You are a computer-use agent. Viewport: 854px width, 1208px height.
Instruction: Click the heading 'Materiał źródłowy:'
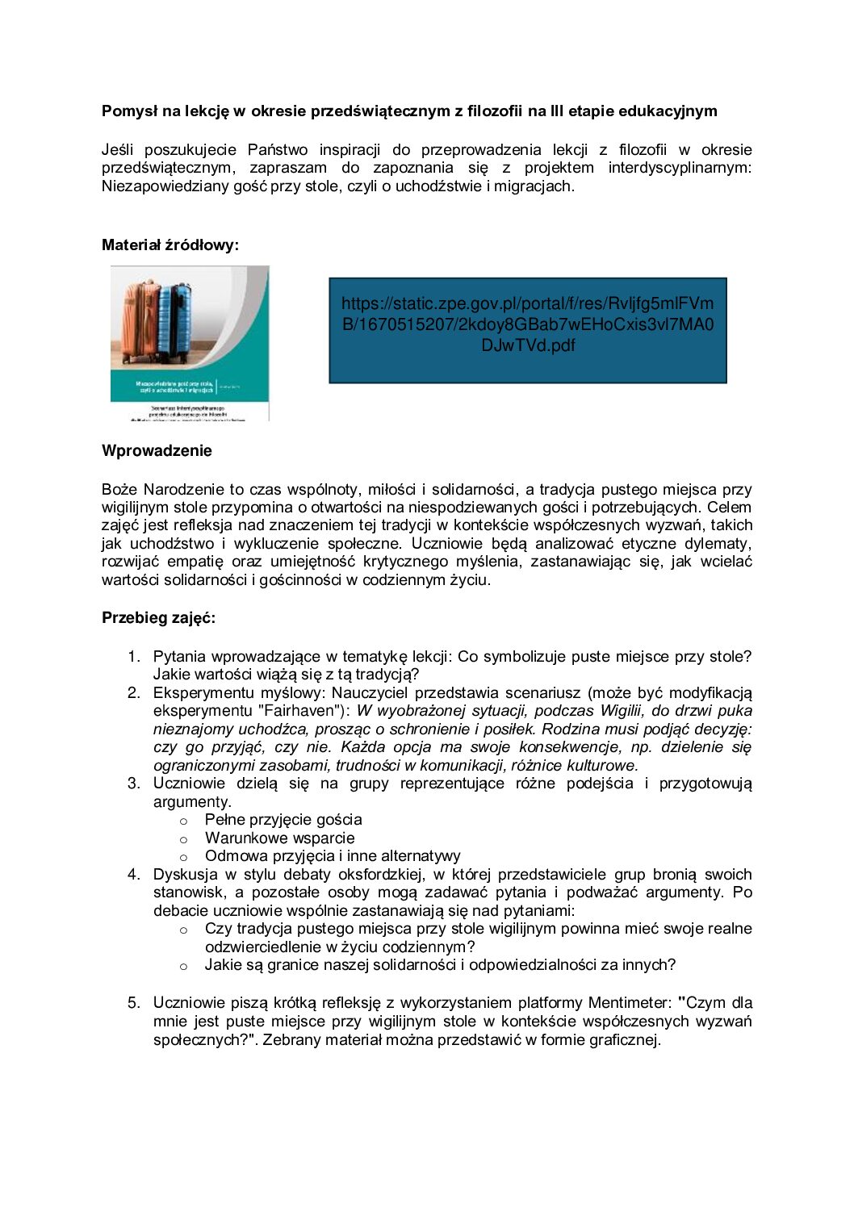coord(170,245)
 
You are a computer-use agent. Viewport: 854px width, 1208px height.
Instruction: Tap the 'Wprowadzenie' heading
coord(157,451)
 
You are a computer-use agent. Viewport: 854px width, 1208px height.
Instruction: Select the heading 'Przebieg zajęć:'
coord(158,618)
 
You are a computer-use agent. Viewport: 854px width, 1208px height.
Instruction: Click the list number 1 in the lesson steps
coord(134,657)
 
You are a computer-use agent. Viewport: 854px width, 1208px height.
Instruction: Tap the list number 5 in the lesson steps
coord(134,1003)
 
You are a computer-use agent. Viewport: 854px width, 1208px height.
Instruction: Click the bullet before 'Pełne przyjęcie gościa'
coord(183,821)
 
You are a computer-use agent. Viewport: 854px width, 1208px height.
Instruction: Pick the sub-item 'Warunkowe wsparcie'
coord(279,838)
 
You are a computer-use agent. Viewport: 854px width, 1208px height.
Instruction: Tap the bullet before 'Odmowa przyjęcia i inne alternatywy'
coord(183,858)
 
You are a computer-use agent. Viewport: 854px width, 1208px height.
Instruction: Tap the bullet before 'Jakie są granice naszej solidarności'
coord(183,967)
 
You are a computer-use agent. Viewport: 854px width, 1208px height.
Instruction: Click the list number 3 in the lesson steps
coord(134,784)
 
